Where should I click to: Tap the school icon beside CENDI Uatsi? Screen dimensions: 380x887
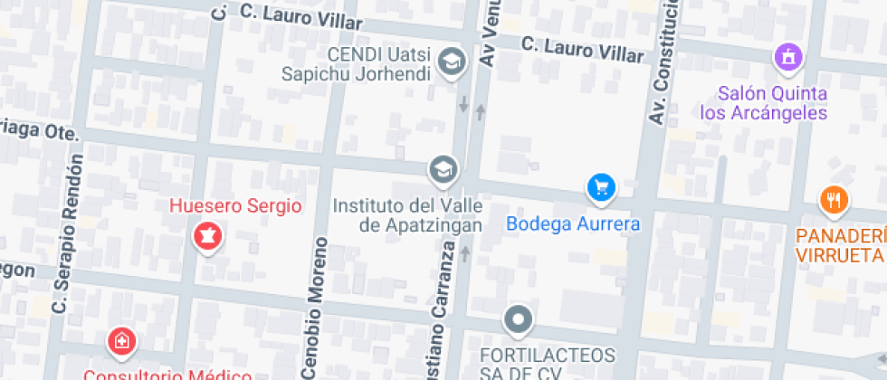[449, 62]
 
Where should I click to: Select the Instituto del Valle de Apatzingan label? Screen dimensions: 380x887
[407, 215]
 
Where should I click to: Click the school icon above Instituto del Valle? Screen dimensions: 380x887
[443, 168]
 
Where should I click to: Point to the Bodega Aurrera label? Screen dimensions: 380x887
[573, 224]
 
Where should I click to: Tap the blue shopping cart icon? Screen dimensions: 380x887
[600, 188]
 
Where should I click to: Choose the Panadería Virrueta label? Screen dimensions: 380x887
[841, 244]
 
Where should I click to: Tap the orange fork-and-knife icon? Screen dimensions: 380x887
[833, 199]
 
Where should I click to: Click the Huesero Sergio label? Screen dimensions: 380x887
[235, 206]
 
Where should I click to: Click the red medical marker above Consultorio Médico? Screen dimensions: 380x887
[120, 342]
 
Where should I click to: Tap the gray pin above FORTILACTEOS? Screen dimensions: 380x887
[519, 318]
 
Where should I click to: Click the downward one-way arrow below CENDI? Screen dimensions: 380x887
[463, 104]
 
